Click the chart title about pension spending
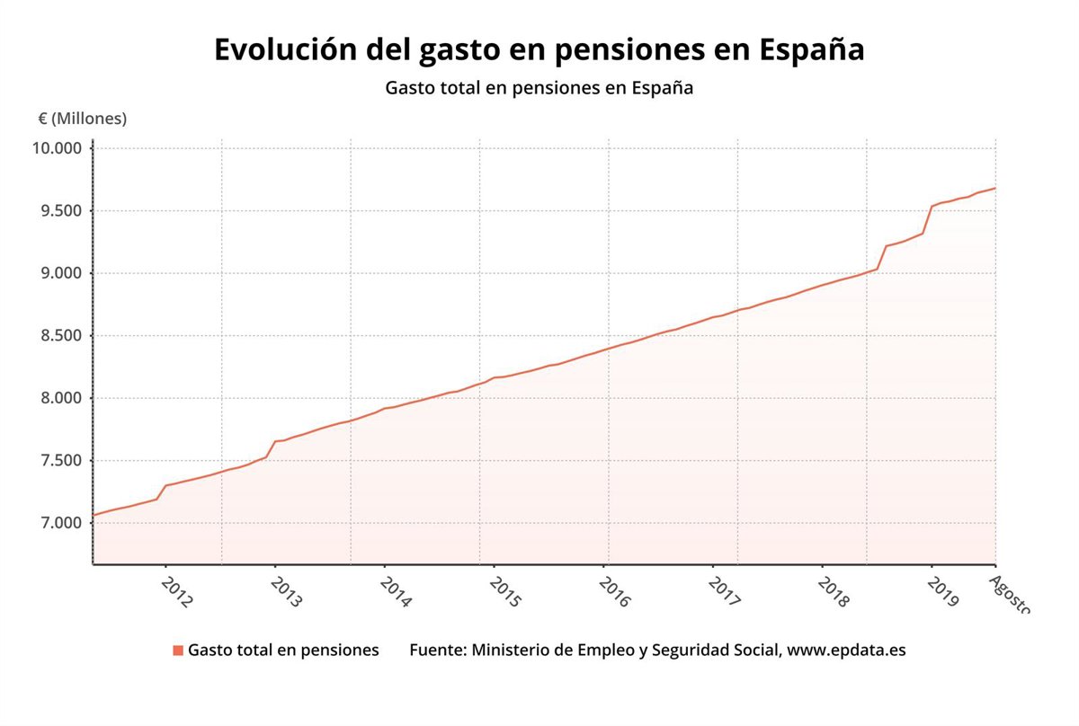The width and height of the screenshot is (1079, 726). coord(539,50)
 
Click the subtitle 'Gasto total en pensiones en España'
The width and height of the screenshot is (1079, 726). coord(539,89)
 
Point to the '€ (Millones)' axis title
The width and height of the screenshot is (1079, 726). coord(83,119)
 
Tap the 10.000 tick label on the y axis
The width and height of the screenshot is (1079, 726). coord(57,148)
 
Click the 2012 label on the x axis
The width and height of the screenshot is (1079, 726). coord(177,593)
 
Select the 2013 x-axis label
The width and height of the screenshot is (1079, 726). coord(287,593)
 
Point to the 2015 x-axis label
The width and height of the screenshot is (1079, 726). coord(505,593)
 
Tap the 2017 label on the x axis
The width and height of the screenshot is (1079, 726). coord(724,593)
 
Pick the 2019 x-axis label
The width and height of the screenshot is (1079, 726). coord(943,593)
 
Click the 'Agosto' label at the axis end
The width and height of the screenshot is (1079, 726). coord(1009,595)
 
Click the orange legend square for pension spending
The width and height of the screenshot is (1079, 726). coord(178,650)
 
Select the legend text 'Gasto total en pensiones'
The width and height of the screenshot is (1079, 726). coord(283,650)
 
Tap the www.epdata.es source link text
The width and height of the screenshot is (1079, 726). coord(846,650)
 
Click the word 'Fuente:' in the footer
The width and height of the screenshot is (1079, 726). coord(437,650)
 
